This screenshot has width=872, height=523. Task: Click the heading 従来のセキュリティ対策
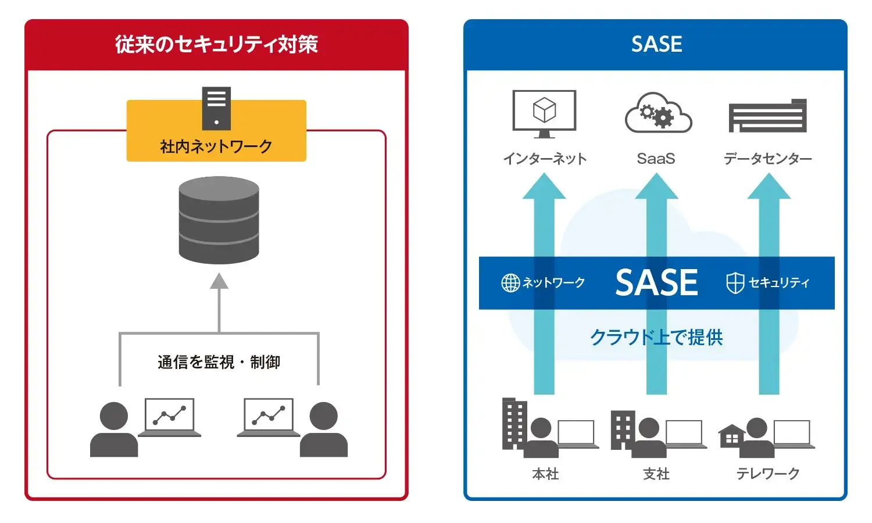coord(216,45)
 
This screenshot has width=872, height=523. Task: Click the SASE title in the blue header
coord(656,44)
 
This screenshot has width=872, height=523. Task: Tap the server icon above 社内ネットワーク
coord(216,108)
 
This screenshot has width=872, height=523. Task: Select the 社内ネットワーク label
coord(216,146)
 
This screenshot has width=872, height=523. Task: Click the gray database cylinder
coord(219,220)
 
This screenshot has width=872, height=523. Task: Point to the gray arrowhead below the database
coord(219,282)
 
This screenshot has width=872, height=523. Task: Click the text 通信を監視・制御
coord(219,362)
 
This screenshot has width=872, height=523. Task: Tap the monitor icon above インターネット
coord(544,113)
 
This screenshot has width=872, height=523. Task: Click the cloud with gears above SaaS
coord(657,113)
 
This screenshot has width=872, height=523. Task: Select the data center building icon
coord(767,116)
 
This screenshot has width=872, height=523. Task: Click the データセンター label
coord(767,159)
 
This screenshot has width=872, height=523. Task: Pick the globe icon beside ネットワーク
coord(510,283)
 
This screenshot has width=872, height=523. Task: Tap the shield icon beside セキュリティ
coord(735,283)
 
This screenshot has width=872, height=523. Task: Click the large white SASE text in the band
coord(656,283)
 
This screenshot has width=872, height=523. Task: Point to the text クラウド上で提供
coord(656,337)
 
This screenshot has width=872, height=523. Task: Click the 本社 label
coord(545,474)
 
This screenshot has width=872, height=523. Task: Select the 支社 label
coord(656,474)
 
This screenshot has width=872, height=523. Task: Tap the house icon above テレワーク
coord(731,436)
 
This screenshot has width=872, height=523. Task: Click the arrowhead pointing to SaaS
coord(656,187)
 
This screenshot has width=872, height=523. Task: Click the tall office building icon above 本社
coord(513,423)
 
